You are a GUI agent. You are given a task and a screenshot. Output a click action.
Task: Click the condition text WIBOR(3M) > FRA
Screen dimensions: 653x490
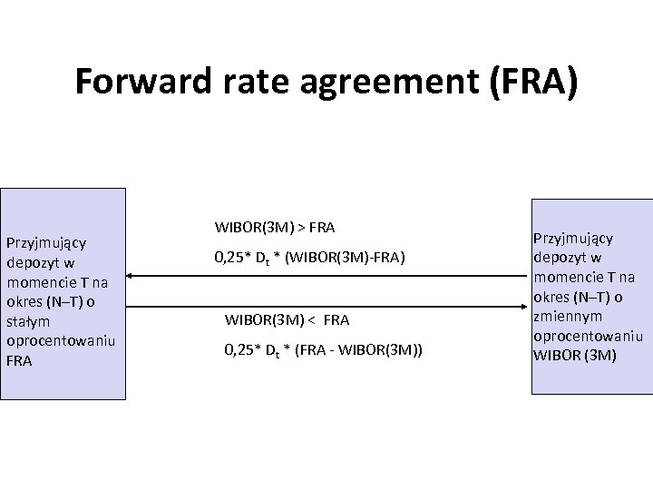(x=275, y=226)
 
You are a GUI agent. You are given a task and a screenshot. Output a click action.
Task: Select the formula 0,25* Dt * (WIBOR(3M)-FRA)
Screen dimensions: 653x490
(x=309, y=258)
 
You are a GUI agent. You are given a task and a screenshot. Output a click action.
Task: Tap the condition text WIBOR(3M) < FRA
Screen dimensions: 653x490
(x=287, y=319)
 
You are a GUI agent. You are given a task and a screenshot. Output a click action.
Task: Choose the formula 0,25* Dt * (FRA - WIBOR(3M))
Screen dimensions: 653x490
(x=324, y=351)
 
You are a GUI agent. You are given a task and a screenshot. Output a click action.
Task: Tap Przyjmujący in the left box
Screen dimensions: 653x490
(x=46, y=243)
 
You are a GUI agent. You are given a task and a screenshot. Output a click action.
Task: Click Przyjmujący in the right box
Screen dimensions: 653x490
(x=573, y=239)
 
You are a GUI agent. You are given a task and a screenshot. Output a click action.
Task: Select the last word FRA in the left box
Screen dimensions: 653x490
(x=19, y=360)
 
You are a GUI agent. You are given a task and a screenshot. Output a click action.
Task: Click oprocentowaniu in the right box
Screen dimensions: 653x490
(x=588, y=336)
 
